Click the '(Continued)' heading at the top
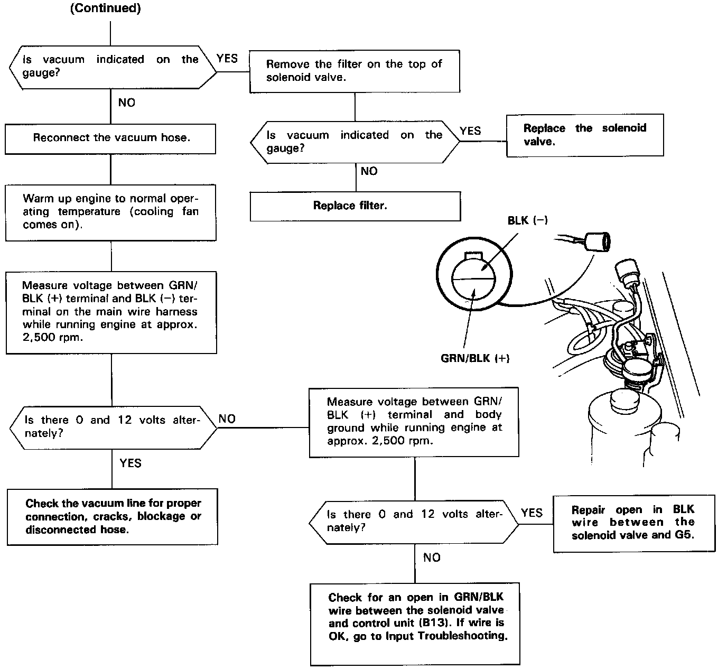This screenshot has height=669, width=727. point(106,9)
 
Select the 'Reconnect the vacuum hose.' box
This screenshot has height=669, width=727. point(110,138)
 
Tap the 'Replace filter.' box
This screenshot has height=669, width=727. point(355,206)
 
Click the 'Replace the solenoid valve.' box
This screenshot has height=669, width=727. point(584,135)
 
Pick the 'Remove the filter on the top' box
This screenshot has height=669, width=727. point(354,71)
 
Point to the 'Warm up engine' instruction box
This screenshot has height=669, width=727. point(110,212)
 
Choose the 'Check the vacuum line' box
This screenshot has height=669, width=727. point(113,517)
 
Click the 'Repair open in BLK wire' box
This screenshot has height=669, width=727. point(633,523)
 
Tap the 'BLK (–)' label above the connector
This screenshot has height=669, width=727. point(527,220)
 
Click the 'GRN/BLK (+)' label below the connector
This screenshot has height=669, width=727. point(474,358)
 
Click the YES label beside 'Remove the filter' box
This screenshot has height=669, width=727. point(227,59)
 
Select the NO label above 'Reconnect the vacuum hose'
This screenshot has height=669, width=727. point(127,103)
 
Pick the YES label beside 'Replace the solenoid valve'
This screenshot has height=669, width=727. point(470,131)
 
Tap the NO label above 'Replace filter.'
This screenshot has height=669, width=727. point(369,171)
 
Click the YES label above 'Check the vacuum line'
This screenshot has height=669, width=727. point(131,463)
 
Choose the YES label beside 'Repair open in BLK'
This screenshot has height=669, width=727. point(532,513)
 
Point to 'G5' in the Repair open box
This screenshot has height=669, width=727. point(685,535)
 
